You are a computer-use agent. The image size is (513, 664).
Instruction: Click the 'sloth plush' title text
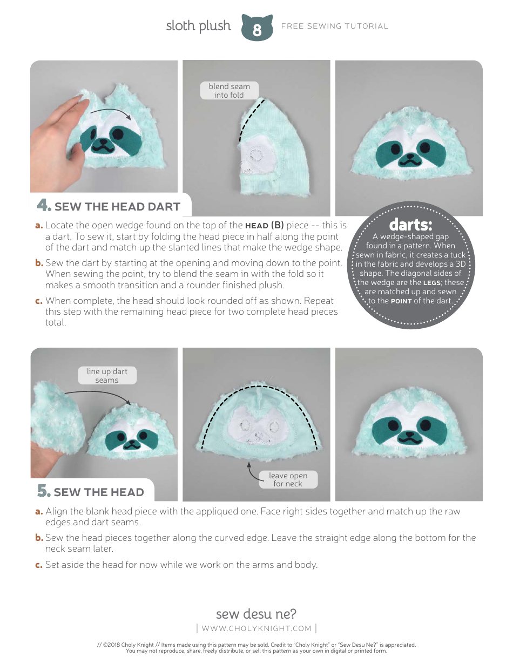click(x=198, y=26)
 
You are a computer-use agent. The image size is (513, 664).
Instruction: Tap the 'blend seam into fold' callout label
click(x=229, y=91)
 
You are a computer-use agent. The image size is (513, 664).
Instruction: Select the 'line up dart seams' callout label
click(x=107, y=376)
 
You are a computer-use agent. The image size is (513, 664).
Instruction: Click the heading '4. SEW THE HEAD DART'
click(x=109, y=206)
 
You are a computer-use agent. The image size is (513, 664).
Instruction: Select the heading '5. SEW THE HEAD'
click(x=91, y=492)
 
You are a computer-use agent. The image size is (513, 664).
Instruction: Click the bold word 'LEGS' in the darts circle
click(x=432, y=283)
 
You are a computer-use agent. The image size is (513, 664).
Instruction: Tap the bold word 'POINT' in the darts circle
click(x=401, y=301)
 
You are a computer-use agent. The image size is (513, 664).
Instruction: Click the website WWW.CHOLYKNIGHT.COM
click(x=256, y=628)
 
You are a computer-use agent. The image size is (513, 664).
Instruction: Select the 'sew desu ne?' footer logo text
click(x=256, y=614)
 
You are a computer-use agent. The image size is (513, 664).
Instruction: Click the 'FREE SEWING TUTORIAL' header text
click(x=335, y=26)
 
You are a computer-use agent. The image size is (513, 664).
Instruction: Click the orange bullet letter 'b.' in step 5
click(x=39, y=538)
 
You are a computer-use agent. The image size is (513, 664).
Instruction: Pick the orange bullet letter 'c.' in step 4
click(x=39, y=301)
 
